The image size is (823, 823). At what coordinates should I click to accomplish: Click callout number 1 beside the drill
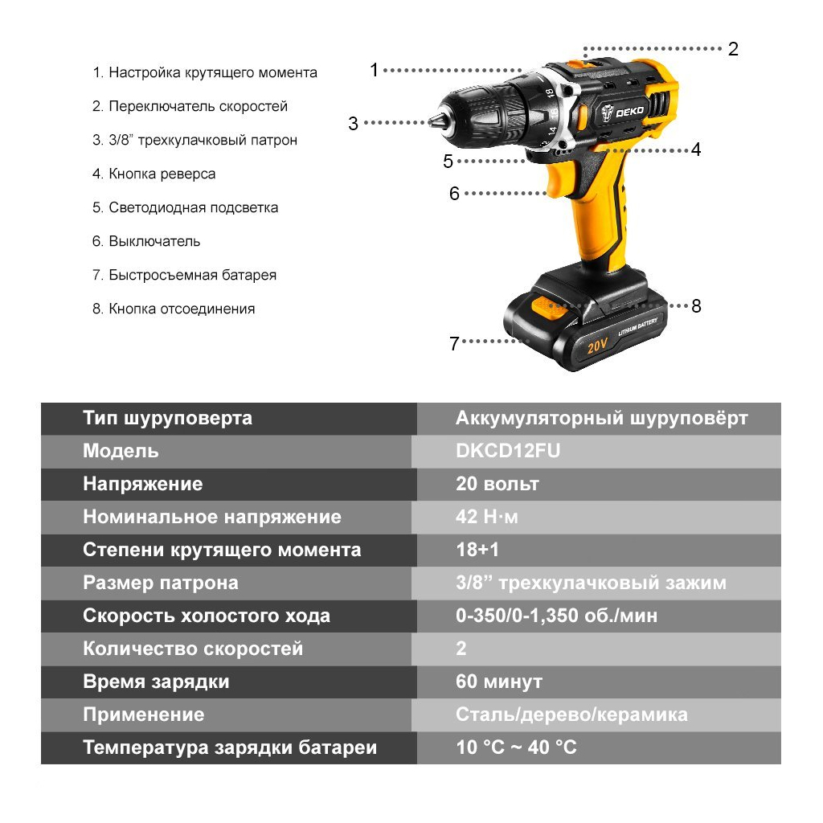tap(374, 70)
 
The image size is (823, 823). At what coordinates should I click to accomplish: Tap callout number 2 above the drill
tap(732, 48)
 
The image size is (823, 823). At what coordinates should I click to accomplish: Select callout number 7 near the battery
tap(454, 343)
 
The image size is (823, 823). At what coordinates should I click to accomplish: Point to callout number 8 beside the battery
tap(696, 305)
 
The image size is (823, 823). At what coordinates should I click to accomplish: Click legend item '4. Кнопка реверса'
tap(154, 174)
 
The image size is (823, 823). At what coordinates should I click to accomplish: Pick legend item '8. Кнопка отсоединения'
tap(174, 309)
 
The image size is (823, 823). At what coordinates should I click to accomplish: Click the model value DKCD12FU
tap(508, 451)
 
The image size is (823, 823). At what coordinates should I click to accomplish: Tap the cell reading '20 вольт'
tap(497, 484)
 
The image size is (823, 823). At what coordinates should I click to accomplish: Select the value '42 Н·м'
tap(487, 517)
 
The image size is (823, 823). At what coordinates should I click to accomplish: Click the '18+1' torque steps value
tap(477, 550)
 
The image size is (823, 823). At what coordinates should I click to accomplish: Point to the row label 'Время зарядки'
tap(156, 682)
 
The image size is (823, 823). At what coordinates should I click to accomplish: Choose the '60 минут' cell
tap(499, 682)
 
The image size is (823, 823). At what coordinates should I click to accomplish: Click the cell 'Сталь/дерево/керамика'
tap(571, 714)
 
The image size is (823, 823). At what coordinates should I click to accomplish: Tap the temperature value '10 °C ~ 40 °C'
tap(516, 747)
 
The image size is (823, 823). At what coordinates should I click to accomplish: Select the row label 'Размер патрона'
tap(161, 583)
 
